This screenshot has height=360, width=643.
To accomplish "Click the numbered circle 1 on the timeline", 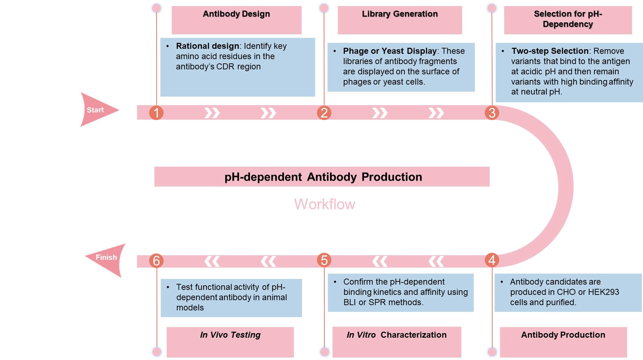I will [x=156, y=113].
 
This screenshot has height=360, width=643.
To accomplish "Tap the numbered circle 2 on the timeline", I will [x=324, y=113].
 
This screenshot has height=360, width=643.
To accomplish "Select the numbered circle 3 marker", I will [x=492, y=113].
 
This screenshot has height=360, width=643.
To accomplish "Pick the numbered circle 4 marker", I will [x=492, y=260].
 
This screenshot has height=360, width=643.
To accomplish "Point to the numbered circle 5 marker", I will [x=324, y=260].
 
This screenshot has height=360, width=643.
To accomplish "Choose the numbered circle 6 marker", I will [x=156, y=261].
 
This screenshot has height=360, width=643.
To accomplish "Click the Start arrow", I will [x=97, y=110].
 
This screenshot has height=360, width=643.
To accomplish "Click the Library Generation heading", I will [x=400, y=14].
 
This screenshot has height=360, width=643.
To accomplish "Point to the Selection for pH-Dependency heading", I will [x=568, y=19].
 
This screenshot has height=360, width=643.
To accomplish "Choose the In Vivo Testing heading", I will [x=230, y=335].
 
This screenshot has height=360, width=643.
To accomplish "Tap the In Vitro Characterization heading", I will [x=397, y=335].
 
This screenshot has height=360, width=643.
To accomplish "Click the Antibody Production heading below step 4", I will [x=563, y=335].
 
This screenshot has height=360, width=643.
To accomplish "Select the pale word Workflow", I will [x=325, y=204].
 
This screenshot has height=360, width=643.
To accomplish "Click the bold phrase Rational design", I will [x=207, y=46].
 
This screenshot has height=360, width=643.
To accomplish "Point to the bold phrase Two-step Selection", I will [x=550, y=51].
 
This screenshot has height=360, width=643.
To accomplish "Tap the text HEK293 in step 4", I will [x=603, y=292].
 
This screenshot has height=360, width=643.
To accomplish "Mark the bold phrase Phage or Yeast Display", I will [x=389, y=51].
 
